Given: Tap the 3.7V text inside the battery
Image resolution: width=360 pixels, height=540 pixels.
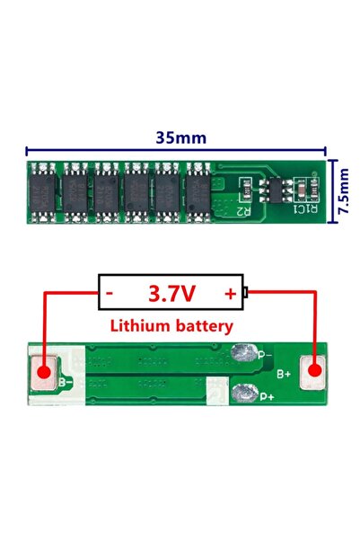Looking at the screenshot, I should tap(173, 292).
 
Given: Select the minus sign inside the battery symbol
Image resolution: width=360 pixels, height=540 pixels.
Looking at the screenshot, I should tap(110, 293).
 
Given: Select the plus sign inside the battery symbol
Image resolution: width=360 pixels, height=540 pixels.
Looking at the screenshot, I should tap(231, 293).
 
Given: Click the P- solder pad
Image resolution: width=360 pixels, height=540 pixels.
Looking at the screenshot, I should tap(243, 353).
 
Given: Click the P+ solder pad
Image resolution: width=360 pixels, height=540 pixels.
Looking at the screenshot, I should tap(243, 392).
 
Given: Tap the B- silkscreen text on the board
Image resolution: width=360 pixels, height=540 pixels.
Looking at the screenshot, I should tap(66, 383).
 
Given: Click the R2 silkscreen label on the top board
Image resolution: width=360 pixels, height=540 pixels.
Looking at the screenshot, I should tap(241, 210).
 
